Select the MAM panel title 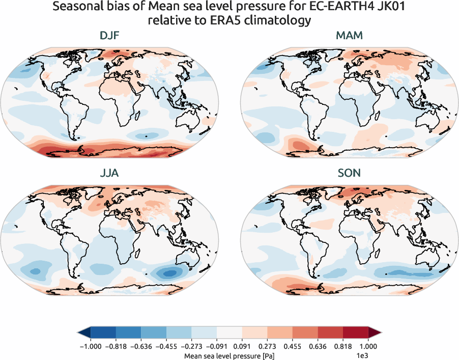point(349,36)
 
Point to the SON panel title point(349,174)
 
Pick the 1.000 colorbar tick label point(368,346)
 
